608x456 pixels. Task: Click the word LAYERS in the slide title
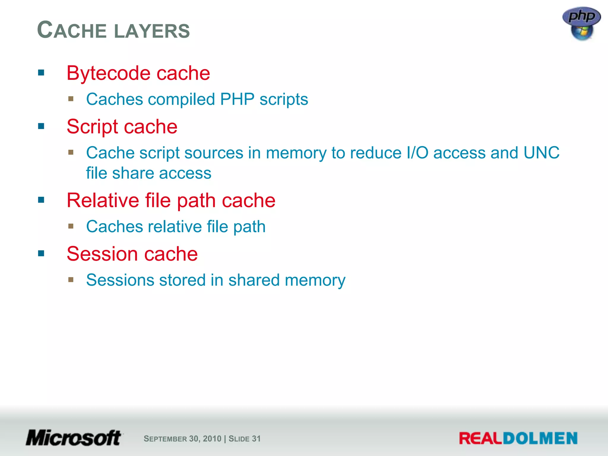click(152, 31)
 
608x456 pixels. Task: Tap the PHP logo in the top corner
click(581, 23)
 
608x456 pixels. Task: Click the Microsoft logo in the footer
click(74, 438)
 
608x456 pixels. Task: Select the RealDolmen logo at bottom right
click(518, 438)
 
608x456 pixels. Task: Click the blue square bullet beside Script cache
click(41, 126)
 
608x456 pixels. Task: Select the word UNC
click(541, 153)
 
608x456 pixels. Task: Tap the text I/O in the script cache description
click(417, 153)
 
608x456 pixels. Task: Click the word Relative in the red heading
click(103, 200)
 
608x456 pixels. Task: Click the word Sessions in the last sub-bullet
click(120, 280)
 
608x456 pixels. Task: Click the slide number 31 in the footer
click(256, 438)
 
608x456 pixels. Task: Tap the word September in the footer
click(165, 439)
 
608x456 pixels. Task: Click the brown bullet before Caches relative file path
click(71, 226)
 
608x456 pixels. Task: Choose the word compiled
click(181, 99)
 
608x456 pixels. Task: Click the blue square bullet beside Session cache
click(41, 254)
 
